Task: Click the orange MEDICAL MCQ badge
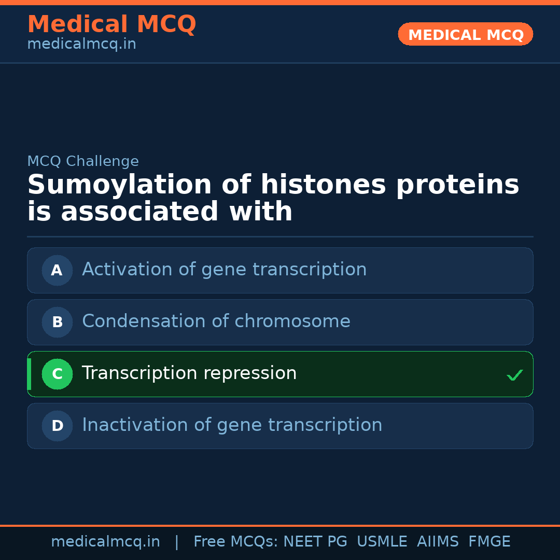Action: point(465,34)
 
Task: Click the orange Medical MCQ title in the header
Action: point(112,24)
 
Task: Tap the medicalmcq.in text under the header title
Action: point(82,44)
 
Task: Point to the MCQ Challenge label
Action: point(83,161)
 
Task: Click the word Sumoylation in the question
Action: point(120,185)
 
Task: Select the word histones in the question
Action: point(324,185)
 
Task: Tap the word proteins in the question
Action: point(458,185)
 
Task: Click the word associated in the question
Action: point(139,211)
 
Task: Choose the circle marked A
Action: point(57,270)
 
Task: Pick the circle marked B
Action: point(57,322)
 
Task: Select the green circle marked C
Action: point(57,374)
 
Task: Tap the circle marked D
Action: point(57,426)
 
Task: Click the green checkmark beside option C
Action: point(515,375)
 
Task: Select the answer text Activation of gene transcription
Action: point(225,270)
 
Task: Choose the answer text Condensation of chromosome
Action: point(216,321)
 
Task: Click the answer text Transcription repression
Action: point(189,373)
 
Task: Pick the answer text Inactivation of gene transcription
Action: point(232,425)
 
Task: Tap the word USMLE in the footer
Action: point(382,541)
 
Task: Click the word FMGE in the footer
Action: point(489,541)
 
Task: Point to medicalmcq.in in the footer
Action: point(106,542)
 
